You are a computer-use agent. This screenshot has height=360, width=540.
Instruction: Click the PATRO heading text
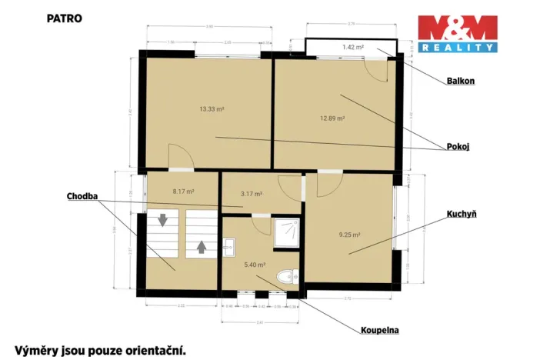click(x=65, y=16)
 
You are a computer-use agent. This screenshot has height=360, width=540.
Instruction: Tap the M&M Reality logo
click(x=457, y=34)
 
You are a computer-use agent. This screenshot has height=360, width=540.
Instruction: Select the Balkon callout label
click(x=460, y=81)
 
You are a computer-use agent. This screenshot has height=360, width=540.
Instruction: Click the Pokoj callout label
click(x=458, y=146)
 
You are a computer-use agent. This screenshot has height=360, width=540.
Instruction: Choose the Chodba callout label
click(x=82, y=197)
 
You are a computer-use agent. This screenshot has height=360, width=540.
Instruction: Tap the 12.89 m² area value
click(x=332, y=118)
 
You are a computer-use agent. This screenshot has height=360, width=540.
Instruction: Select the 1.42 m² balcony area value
click(x=352, y=48)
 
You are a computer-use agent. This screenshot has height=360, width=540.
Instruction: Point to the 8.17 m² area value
click(x=183, y=191)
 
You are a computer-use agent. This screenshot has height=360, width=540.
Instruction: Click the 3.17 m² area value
click(x=252, y=194)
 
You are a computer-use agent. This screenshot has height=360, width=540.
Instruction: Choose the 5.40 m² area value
click(x=255, y=265)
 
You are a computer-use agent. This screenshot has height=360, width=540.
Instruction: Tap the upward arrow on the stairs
click(x=202, y=247)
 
